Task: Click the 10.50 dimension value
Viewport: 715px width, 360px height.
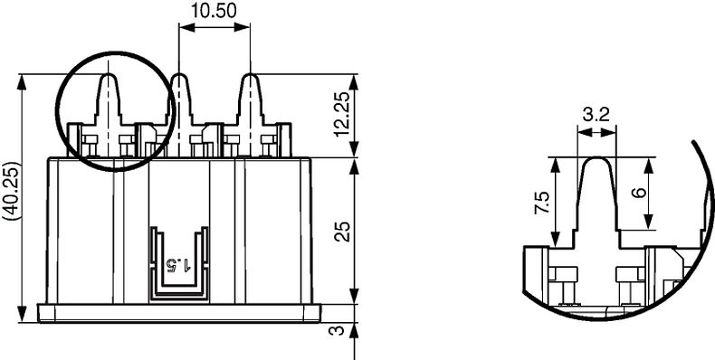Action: pos(214,11)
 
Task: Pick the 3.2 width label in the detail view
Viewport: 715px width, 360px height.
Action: pos(596,115)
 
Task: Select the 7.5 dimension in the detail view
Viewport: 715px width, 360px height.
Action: pos(543,203)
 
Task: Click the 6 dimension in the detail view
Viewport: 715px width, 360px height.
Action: pos(640,193)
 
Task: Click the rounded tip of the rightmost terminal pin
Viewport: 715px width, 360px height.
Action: pos(250,75)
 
